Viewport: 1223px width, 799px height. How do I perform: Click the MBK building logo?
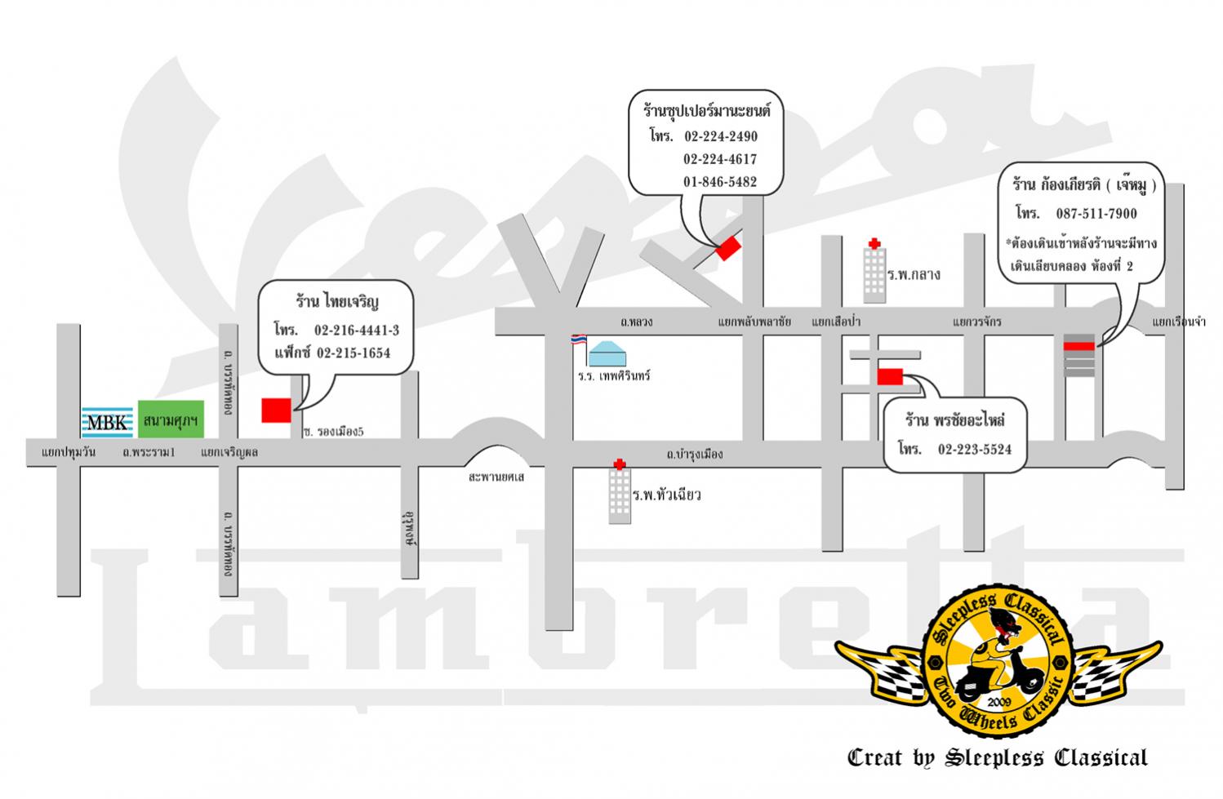tap(107, 422)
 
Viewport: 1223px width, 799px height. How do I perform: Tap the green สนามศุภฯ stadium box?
tap(171, 419)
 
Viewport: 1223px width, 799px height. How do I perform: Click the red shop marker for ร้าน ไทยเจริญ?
tap(276, 411)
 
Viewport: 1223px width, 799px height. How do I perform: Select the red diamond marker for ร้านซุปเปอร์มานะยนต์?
tap(728, 248)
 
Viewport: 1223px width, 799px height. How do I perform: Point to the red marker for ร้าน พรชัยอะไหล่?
tap(890, 376)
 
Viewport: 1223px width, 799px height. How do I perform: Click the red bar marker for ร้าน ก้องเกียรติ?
tap(1078, 346)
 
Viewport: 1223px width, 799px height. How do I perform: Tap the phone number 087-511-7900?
tap(1096, 213)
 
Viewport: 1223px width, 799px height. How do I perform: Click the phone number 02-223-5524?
tap(975, 449)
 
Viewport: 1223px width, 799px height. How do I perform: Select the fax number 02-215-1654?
tap(354, 353)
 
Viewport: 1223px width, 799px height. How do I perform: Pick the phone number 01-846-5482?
tap(720, 182)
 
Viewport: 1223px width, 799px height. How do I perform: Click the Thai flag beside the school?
tap(579, 340)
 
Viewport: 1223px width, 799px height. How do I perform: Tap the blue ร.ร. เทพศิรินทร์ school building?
tap(607, 353)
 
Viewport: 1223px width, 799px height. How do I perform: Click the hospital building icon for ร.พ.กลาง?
tap(874, 271)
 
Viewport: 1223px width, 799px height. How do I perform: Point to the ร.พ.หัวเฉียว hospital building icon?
tap(620, 492)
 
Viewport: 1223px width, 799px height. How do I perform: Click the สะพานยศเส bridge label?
tap(496, 477)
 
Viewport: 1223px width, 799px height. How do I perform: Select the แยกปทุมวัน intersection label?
tap(69, 452)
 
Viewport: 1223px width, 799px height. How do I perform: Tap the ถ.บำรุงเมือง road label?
tap(695, 454)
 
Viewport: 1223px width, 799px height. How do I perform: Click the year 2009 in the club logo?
tap(999, 702)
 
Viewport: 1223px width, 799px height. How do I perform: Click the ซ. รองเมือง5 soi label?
tap(334, 432)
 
